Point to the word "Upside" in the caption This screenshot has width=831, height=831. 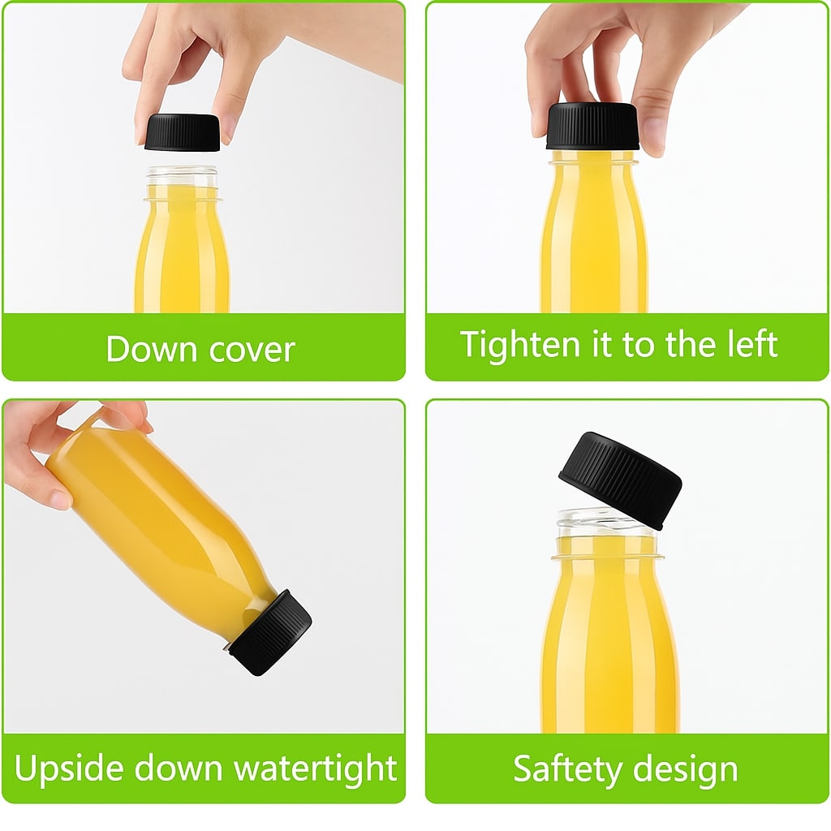pos(68,769)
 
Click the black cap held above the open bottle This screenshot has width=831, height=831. pos(183,132)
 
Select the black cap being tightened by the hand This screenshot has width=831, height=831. pos(592,127)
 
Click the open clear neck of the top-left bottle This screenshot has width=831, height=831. pos(183,177)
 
